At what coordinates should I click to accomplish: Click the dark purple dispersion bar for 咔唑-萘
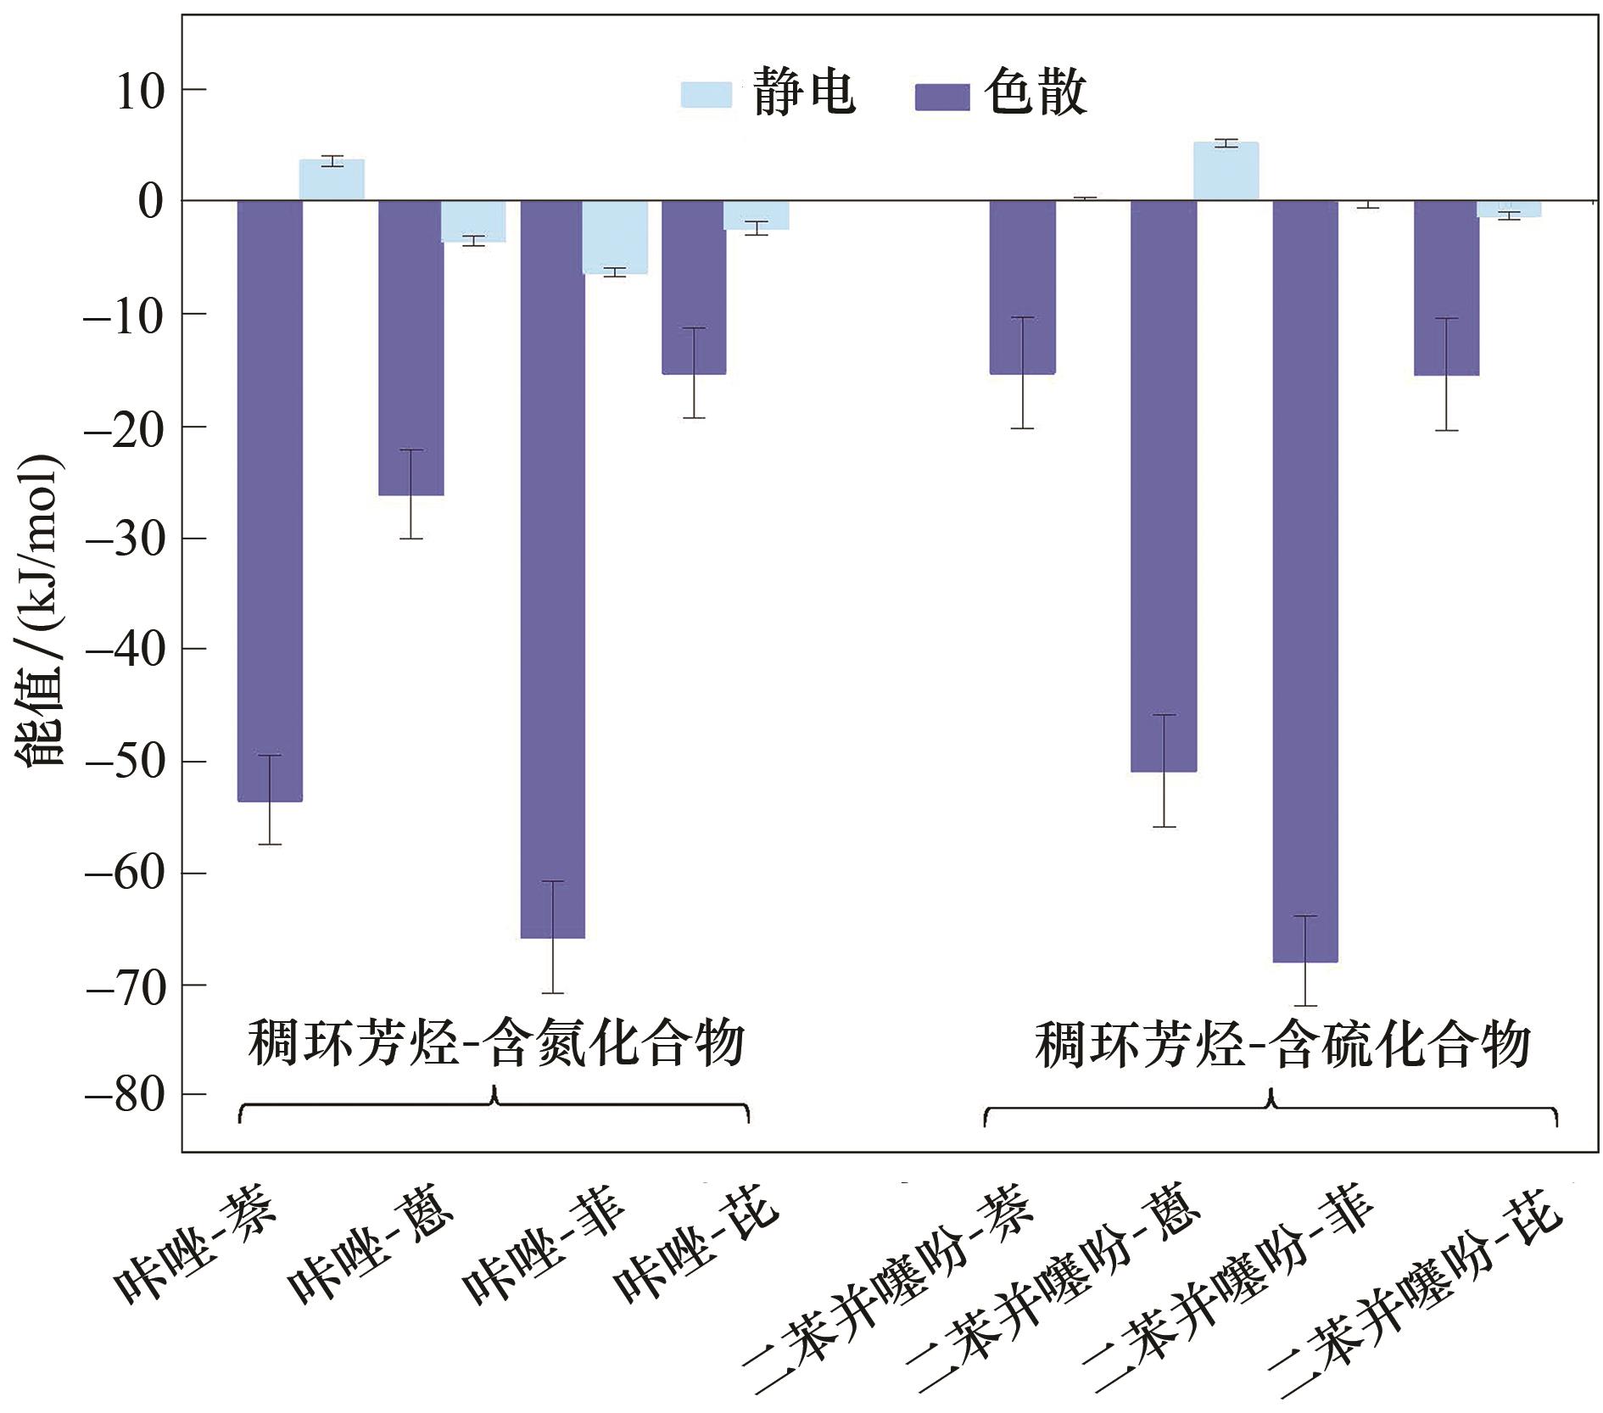coord(270,500)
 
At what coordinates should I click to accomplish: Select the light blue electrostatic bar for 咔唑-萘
coord(332,180)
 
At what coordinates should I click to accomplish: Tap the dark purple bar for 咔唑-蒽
coord(411,348)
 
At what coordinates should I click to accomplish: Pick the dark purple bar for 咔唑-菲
coord(552,568)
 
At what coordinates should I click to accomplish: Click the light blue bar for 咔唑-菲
coord(615,237)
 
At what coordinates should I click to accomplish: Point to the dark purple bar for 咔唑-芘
coord(694,287)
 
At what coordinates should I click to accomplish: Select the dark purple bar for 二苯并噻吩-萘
coord(1022,287)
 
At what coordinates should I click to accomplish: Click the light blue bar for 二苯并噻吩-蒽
coord(1226,171)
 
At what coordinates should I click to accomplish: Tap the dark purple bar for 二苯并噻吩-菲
coord(1305,581)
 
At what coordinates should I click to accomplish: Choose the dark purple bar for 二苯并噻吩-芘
coord(1446,288)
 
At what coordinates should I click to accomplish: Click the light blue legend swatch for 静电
coord(706,94)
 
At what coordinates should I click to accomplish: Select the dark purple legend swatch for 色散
coord(941,97)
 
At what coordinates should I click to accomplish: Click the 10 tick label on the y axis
coord(139,91)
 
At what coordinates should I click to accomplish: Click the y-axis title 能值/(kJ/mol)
coord(41,609)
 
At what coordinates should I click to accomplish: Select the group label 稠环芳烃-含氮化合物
coord(496,1042)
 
